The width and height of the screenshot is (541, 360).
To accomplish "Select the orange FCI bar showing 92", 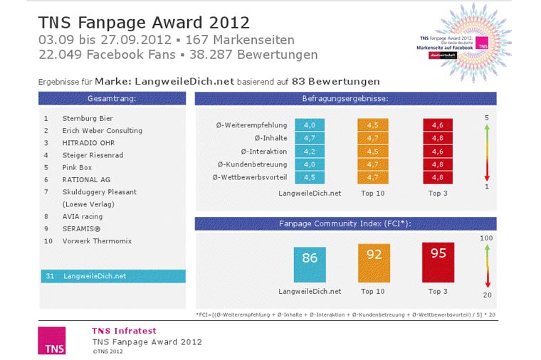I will [x=373, y=263].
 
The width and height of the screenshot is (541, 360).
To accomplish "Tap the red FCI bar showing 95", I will [x=438, y=262].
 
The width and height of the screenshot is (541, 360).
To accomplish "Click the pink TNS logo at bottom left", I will [x=52, y=340].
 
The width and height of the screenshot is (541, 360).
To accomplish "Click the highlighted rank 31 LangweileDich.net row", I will [x=112, y=276].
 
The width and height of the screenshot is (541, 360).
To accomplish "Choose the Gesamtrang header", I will [x=112, y=98].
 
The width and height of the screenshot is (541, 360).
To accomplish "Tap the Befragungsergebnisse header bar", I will [x=346, y=98].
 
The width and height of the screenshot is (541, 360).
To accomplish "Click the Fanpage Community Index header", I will [x=346, y=223].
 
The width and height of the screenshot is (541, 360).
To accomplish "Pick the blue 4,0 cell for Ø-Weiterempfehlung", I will [x=310, y=125].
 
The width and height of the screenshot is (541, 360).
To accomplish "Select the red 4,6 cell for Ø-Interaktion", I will [x=438, y=151].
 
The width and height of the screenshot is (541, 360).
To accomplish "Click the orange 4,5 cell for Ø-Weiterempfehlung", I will [x=373, y=125].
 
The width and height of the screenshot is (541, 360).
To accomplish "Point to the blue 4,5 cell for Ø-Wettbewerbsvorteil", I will [x=310, y=177].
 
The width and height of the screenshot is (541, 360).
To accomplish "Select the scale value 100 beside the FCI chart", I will [x=487, y=238].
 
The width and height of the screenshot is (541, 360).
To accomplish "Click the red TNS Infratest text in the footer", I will [x=124, y=331].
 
